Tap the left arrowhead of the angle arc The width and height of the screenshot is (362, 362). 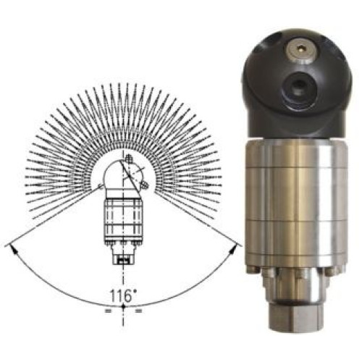(x=14, y=250)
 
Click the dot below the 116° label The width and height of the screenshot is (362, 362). (x=123, y=306)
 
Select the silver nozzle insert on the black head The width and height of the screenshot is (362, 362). (x=299, y=50)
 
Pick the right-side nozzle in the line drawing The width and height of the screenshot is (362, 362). (x=144, y=185)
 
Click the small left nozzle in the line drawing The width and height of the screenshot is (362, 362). (x=101, y=186)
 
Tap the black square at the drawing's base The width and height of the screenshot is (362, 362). (x=123, y=261)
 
